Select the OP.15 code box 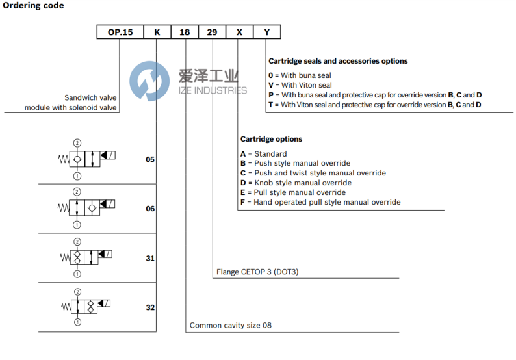point(120,31)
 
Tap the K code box point(156,31)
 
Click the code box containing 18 point(185,31)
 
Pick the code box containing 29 point(213,31)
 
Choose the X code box point(239,31)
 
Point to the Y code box point(266,31)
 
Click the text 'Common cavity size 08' point(230,325)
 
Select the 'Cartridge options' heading point(271,139)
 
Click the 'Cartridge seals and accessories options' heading point(338,61)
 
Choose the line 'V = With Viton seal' point(300,85)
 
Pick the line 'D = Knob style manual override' point(296,183)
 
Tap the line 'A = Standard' point(263,154)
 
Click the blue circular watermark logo point(149,81)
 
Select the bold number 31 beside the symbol point(150,258)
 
